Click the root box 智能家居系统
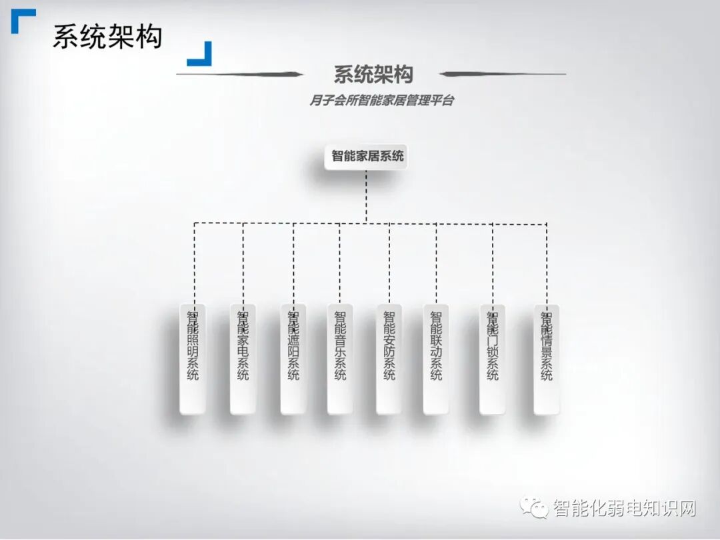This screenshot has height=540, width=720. point(366,157)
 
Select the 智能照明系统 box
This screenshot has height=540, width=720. point(193,359)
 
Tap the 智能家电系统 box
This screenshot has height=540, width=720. point(243,359)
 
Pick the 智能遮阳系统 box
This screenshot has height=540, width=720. point(293,359)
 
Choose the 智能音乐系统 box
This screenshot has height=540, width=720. point(340,359)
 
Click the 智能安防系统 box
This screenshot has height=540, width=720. point(389,359)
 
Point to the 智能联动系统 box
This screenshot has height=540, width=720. point(436,359)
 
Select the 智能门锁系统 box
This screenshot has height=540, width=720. point(493,359)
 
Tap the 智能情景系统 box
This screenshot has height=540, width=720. point(547,359)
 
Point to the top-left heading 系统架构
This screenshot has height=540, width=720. point(107,37)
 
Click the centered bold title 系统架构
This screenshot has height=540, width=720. point(373,75)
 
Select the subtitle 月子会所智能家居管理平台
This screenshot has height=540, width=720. point(381,100)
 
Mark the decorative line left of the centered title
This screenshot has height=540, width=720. point(240,74)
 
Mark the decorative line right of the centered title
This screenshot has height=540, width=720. point(503,73)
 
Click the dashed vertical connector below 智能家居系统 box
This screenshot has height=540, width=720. point(366,197)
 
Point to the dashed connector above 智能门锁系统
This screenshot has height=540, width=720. point(493,264)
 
